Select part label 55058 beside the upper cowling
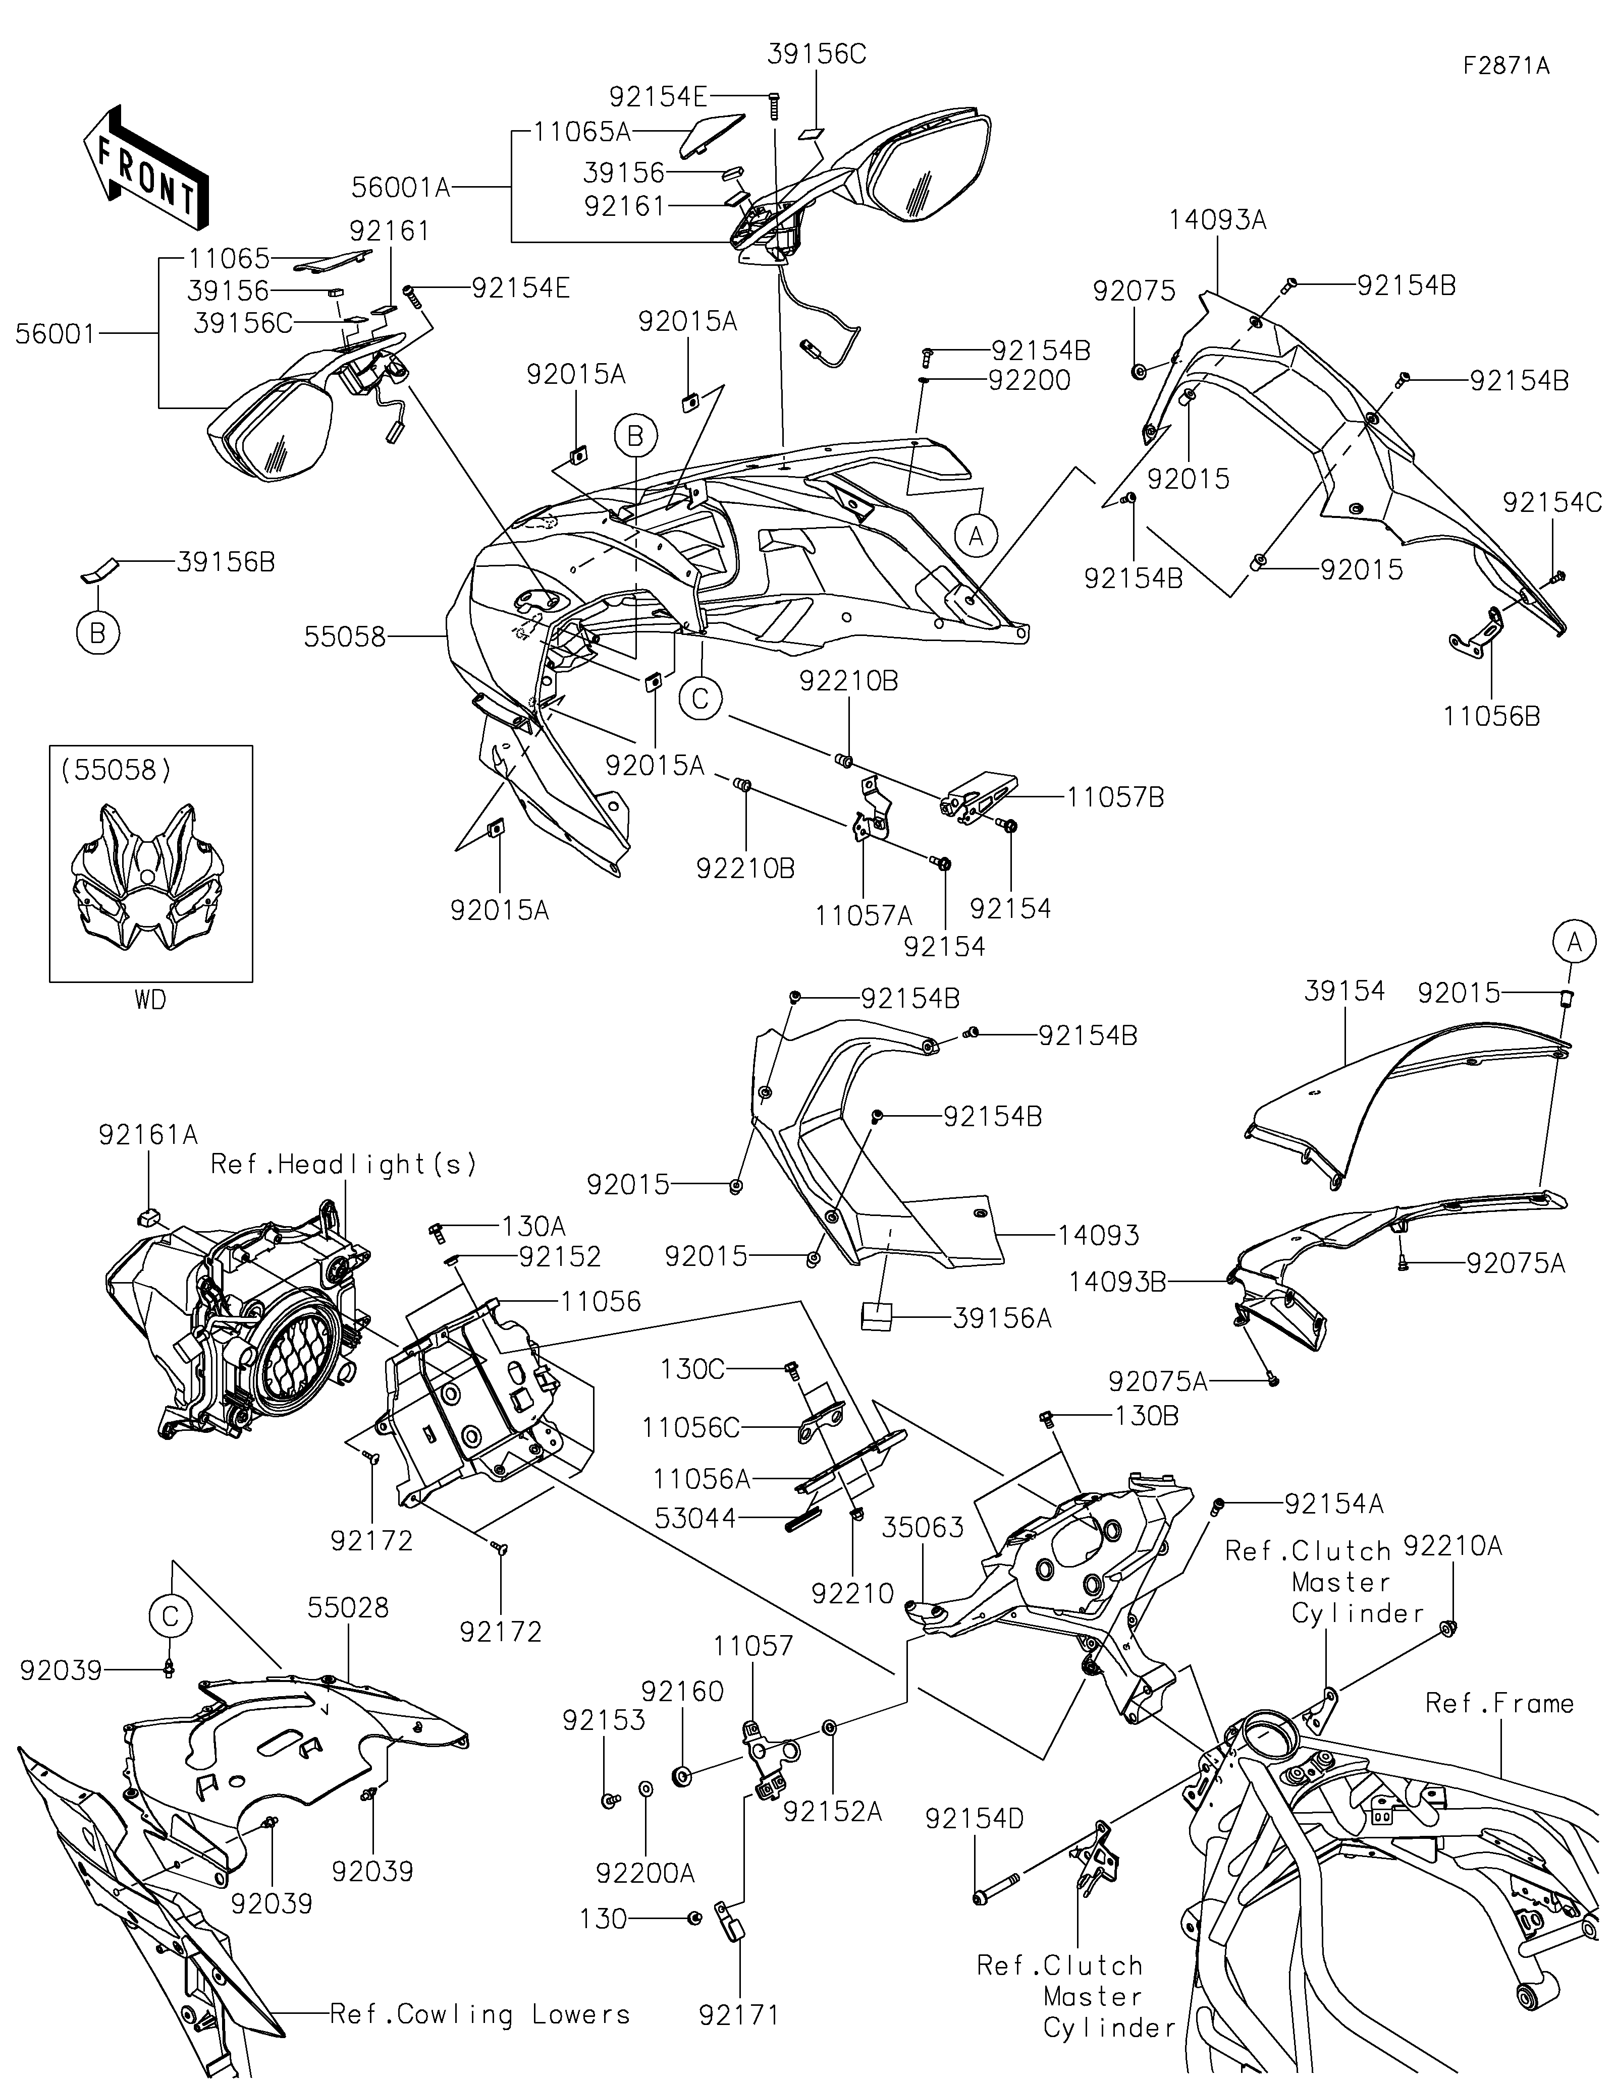point(345,637)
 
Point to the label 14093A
point(1218,220)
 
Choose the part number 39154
point(1344,991)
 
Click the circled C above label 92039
point(171,1616)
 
